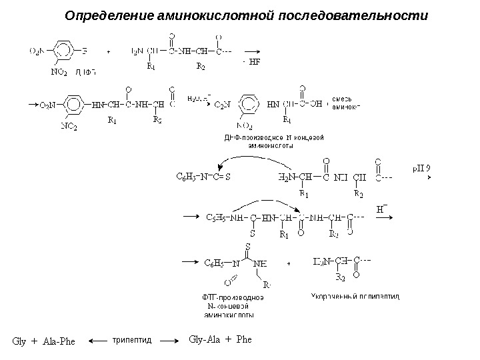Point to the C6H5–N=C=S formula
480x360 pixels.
pos(203,177)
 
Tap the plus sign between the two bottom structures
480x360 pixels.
pos(288,263)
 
